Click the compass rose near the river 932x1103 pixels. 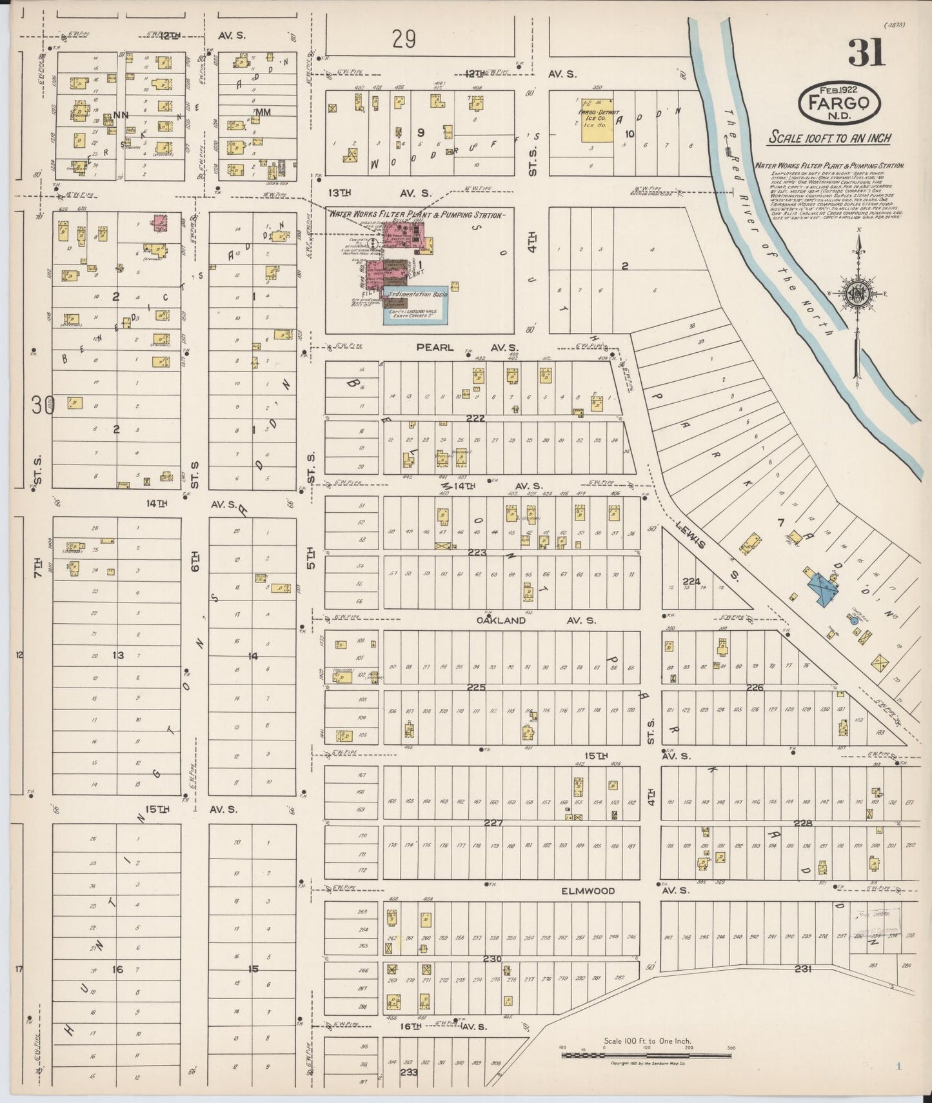pos(858,293)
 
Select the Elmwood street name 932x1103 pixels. pos(588,891)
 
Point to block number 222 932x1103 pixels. pos(476,419)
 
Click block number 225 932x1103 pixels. pos(476,688)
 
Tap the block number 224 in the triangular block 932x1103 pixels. pos(691,581)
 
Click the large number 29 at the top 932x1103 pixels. pos(404,39)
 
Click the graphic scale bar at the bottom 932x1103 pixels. pos(646,1056)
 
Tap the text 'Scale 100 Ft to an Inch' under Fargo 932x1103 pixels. pos(829,138)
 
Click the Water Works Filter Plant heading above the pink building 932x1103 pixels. pos(417,214)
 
